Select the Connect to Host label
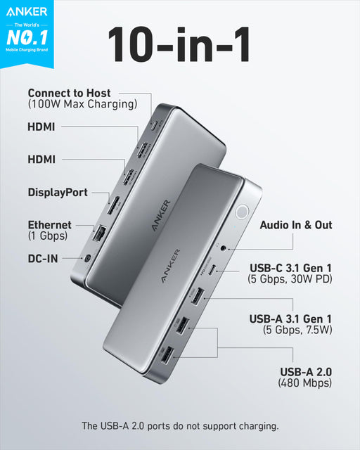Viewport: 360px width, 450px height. click(x=69, y=93)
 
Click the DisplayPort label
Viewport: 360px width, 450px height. click(x=58, y=192)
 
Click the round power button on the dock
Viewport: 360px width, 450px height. click(x=243, y=212)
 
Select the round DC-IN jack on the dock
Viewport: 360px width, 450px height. click(x=87, y=259)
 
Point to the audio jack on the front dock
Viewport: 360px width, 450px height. click(x=224, y=246)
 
